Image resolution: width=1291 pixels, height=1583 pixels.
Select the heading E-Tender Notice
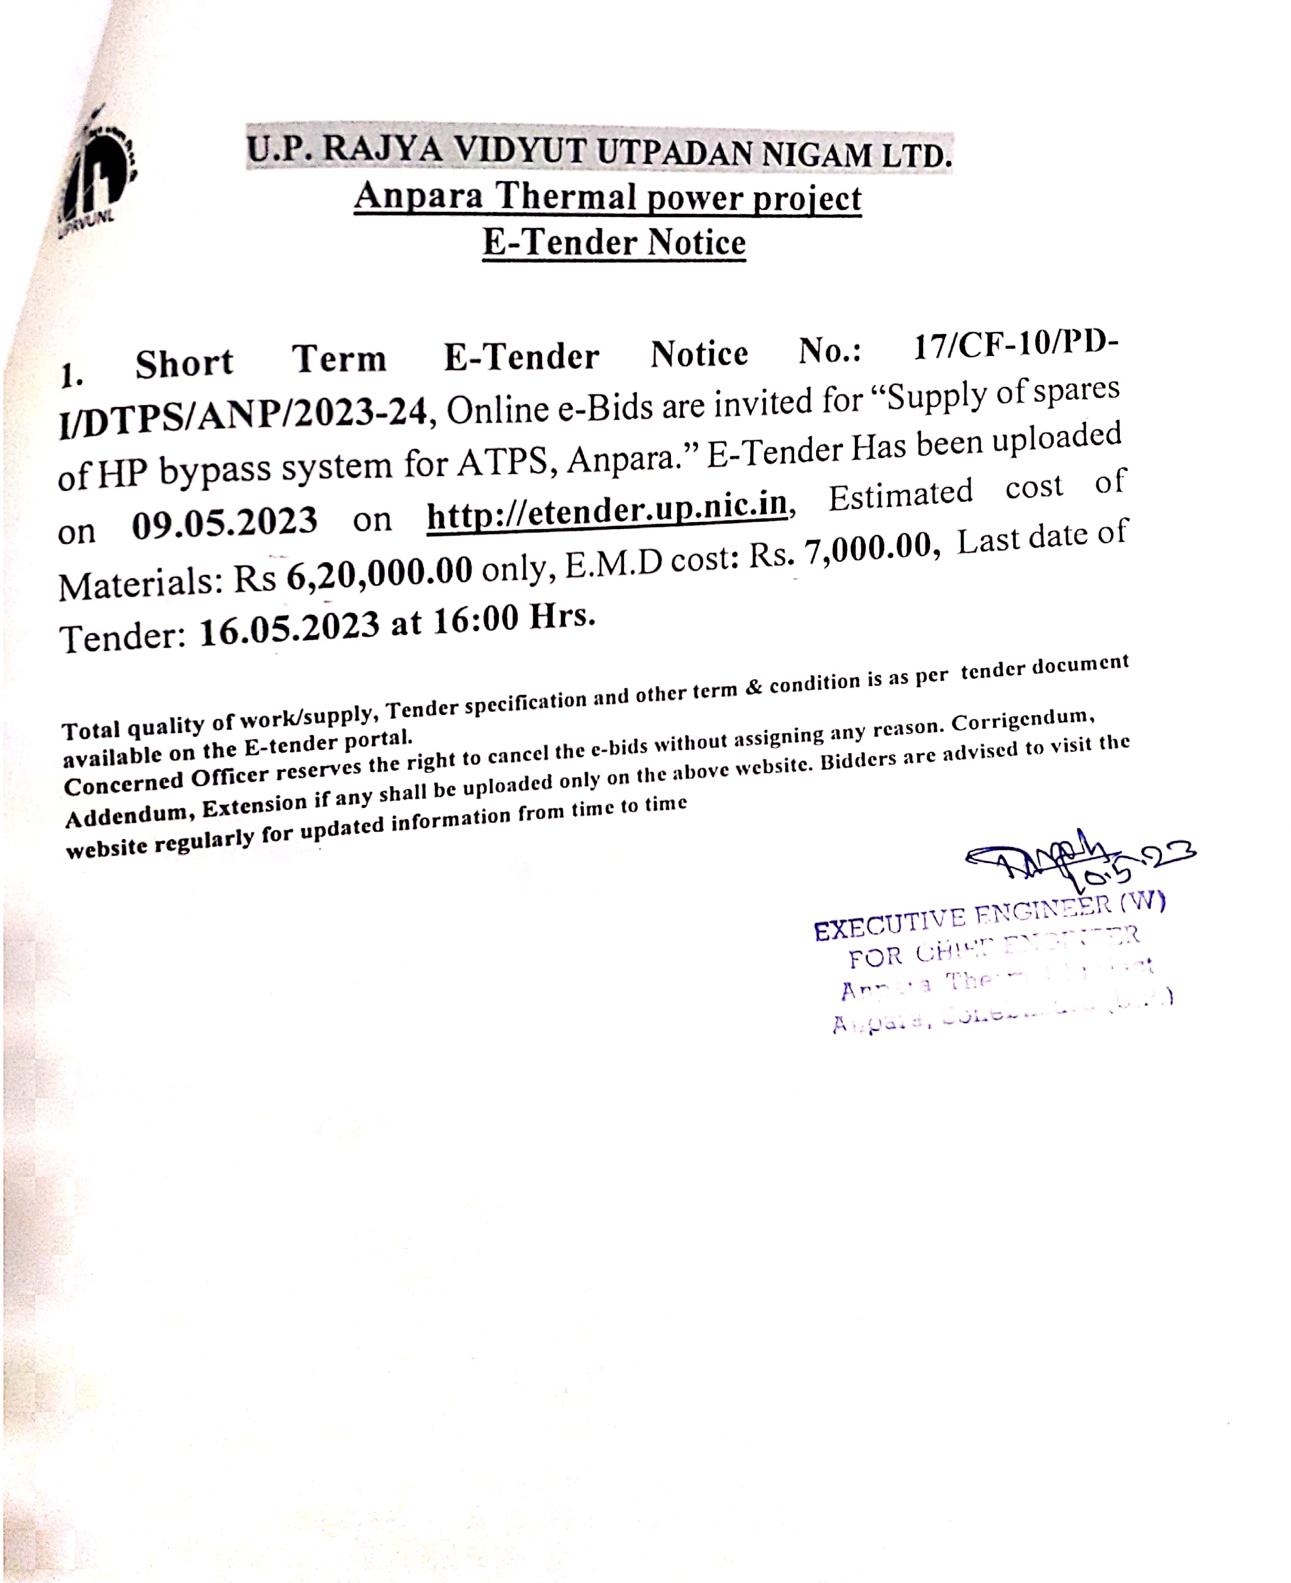[614, 242]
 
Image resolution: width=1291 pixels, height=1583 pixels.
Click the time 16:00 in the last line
[476, 619]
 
